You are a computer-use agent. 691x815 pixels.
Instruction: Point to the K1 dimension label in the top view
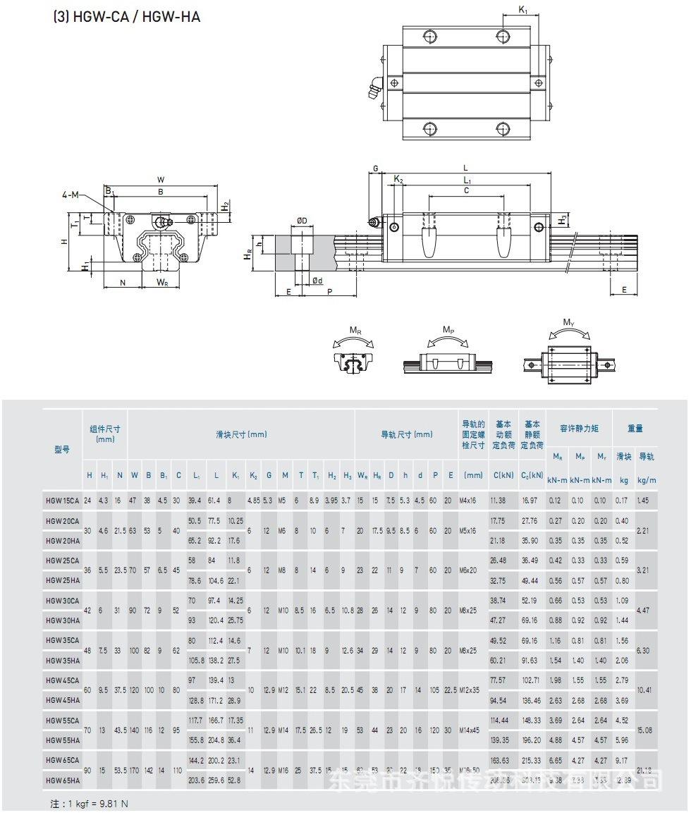[x=522, y=10]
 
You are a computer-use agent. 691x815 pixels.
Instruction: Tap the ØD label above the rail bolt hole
[x=302, y=221]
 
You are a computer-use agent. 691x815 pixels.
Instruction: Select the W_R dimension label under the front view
[x=162, y=283]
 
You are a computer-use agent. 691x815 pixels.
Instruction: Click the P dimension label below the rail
[x=329, y=290]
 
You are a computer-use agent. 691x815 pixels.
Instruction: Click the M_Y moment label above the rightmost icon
[x=568, y=322]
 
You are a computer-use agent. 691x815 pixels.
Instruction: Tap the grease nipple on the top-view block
[x=374, y=89]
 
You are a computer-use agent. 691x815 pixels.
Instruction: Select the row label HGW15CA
[x=62, y=501]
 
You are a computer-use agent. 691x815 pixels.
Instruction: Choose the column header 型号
[x=62, y=449]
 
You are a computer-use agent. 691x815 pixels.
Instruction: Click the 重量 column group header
[x=635, y=428]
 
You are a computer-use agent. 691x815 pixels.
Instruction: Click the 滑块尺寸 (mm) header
[x=241, y=435]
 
